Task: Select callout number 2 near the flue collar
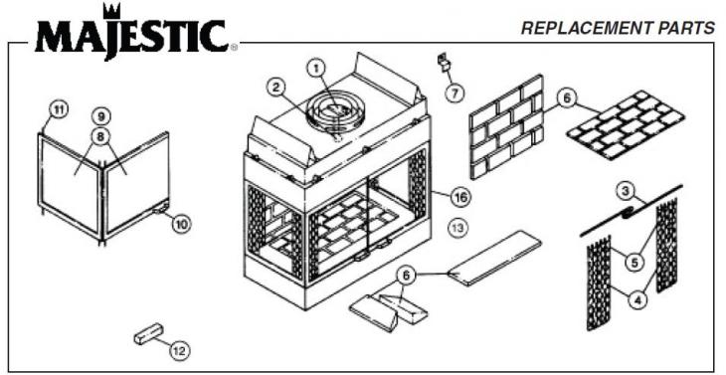(275, 87)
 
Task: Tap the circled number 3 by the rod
(625, 190)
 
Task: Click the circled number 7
(454, 93)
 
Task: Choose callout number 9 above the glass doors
(100, 115)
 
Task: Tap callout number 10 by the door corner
(180, 224)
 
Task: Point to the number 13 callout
(457, 228)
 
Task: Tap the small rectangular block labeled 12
(149, 334)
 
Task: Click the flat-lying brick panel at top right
(626, 126)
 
